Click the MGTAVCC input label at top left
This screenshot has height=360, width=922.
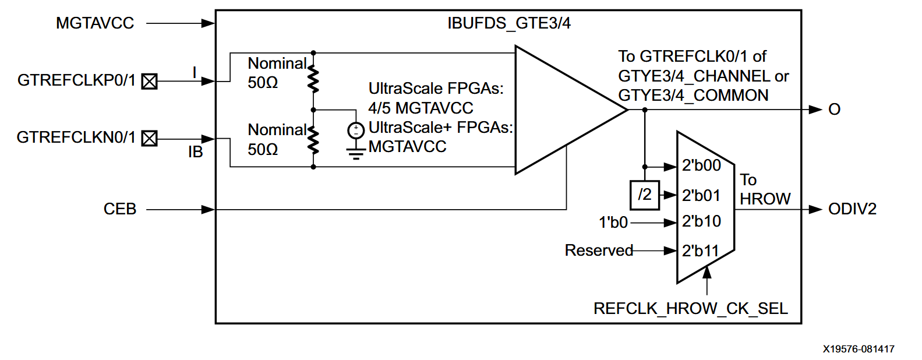(x=95, y=23)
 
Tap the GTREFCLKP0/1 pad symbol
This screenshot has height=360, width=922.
(x=150, y=82)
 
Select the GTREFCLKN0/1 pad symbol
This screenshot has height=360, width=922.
(x=150, y=139)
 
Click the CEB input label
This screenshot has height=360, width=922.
(x=119, y=209)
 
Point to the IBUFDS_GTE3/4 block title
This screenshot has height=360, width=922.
(x=508, y=23)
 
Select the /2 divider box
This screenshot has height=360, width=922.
(x=645, y=195)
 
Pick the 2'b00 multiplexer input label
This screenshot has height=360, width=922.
(x=701, y=166)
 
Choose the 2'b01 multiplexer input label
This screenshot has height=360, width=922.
(x=701, y=196)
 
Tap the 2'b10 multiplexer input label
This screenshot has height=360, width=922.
(x=701, y=222)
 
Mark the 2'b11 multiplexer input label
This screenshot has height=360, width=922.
(x=700, y=251)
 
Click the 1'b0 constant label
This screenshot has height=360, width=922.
(x=613, y=223)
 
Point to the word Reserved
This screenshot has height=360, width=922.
(x=599, y=250)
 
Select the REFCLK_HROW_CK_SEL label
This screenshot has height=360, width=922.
(x=690, y=309)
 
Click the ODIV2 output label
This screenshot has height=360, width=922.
(x=852, y=209)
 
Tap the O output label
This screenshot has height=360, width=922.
(x=834, y=110)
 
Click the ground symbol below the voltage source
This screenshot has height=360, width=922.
(x=356, y=154)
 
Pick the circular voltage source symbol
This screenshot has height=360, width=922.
(x=356, y=131)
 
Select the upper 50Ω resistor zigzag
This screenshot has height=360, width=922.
(x=313, y=80)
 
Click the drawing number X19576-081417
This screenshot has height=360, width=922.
(x=858, y=350)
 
